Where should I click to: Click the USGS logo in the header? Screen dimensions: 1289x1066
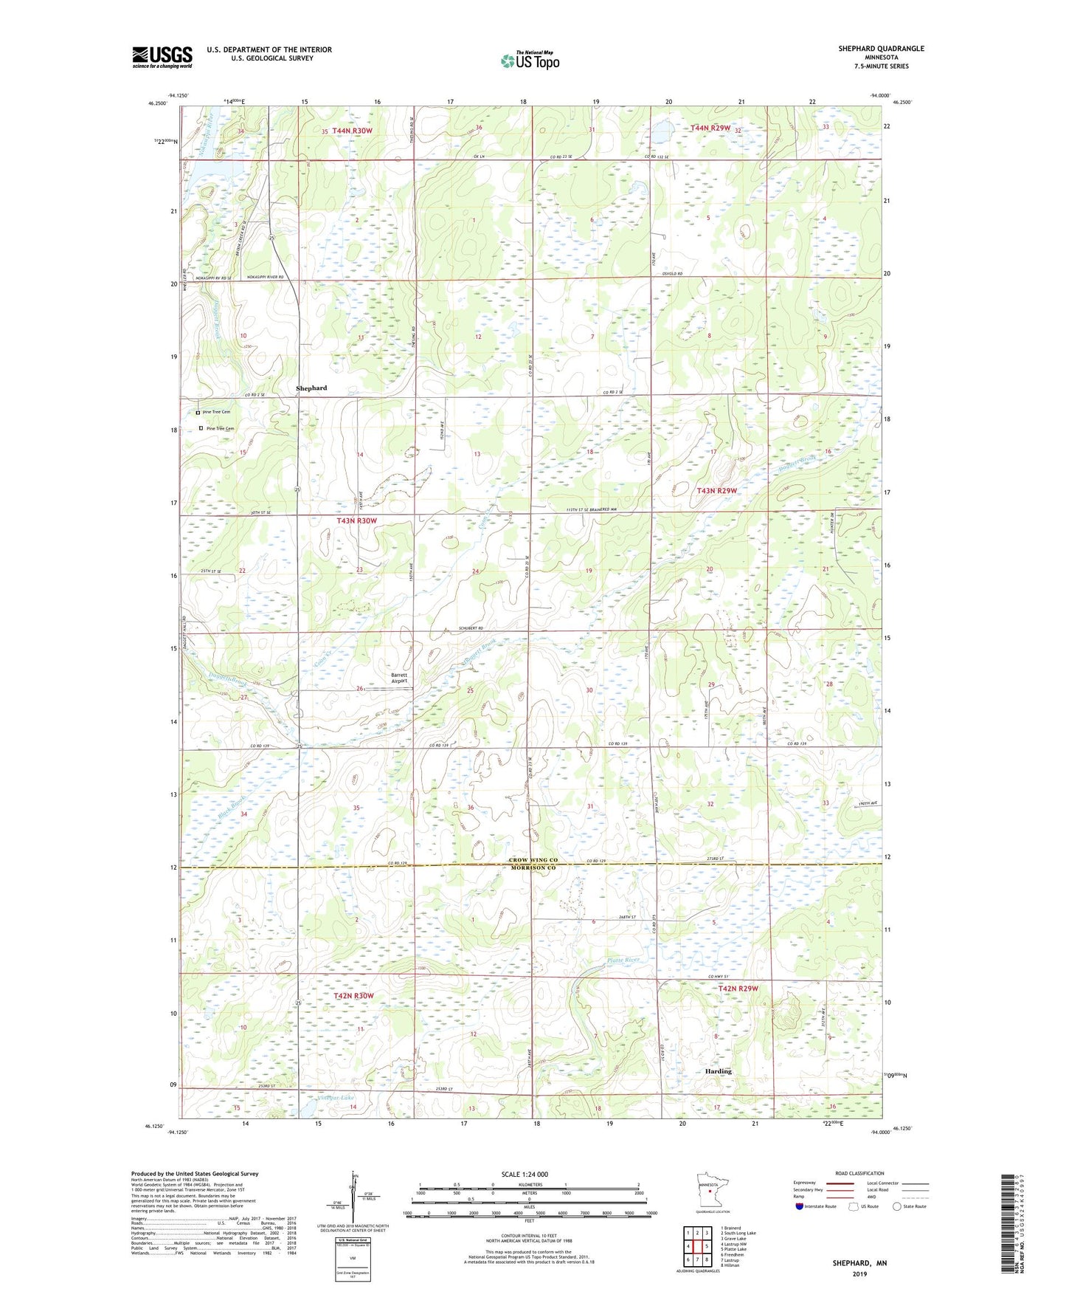pos(162,57)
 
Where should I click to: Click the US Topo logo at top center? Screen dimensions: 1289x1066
pos(530,61)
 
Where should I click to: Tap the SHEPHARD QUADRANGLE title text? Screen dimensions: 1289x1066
pos(880,49)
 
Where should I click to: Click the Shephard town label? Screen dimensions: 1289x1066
pos(311,388)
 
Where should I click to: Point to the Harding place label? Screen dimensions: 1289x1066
pos(717,1071)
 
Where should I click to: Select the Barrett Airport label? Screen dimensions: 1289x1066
pos(399,678)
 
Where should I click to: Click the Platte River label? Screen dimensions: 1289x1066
pos(622,960)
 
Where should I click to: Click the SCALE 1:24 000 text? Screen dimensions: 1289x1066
pos(524,1175)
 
